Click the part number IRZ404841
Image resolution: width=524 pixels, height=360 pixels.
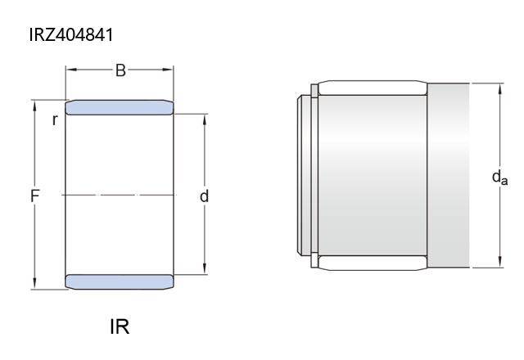coord(71,34)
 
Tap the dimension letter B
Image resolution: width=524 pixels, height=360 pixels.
coord(120,70)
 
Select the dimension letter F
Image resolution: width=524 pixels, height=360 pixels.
coord(34,196)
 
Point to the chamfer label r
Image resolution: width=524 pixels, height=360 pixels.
coord(55,120)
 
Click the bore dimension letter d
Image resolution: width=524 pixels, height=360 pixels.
coord(204,196)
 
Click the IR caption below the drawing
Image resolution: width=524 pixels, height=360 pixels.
coord(120,326)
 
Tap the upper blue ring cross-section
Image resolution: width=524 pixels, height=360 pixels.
coord(120,107)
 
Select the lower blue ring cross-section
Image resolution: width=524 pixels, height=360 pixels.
coord(120,281)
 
